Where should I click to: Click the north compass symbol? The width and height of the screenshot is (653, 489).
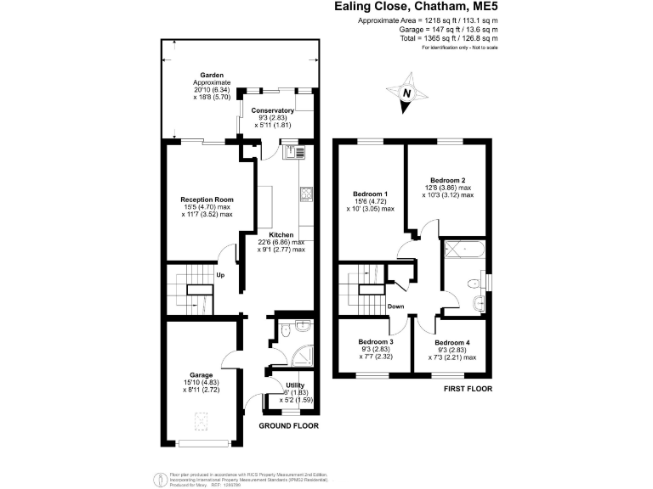pos(407,93)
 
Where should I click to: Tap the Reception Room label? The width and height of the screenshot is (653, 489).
pos(206,200)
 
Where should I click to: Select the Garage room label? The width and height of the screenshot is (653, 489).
pos(201,374)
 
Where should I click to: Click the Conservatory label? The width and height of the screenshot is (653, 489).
pos(273,110)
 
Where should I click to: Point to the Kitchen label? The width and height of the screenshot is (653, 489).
pos(281,234)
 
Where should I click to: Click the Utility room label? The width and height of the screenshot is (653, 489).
pos(295,385)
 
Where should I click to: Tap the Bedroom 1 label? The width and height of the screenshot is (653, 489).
pos(368,193)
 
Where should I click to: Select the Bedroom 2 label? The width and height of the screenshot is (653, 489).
pos(447,180)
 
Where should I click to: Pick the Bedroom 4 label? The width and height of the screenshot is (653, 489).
pos(452,342)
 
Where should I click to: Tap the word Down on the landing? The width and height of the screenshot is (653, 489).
pos(396,306)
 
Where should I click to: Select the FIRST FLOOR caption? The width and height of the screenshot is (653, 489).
pos(468,389)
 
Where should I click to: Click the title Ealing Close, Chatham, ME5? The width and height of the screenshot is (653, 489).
pos(414,7)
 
